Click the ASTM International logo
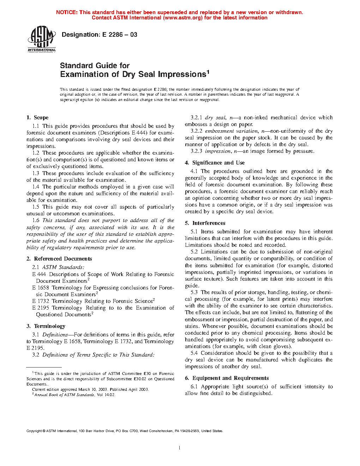tap(42, 39)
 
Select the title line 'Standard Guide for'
tap(95, 65)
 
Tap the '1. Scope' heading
tap(37, 118)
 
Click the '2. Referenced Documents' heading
tap(59, 259)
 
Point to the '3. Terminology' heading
tap(46, 326)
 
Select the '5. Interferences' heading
tap(205, 223)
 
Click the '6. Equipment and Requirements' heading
tap(227, 378)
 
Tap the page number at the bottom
tap(180, 448)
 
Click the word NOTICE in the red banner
tap(66, 12)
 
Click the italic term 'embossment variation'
tap(231, 131)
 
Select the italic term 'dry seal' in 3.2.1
tap(215, 118)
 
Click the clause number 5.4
tap(194, 353)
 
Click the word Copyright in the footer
tap(34, 431)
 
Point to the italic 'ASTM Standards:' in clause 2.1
tap(63, 267)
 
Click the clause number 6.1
tap(194, 387)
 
